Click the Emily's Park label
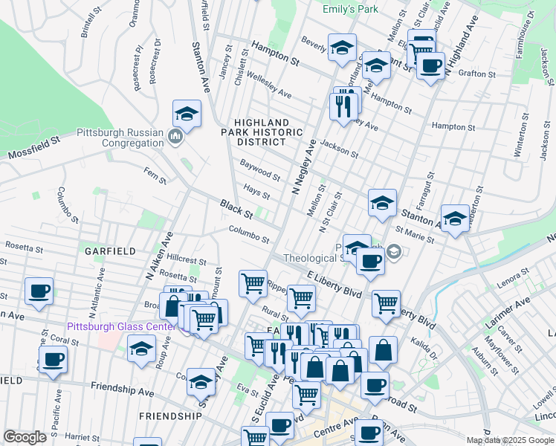click(350, 9)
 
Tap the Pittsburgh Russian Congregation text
click(120, 138)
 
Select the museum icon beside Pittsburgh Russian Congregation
click(175, 136)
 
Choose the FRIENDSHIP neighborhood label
click(169, 416)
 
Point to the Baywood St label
click(259, 169)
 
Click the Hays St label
click(256, 192)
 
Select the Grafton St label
click(476, 74)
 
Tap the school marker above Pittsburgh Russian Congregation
click(187, 114)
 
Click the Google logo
click(25, 437)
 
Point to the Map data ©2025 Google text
click(509, 440)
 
